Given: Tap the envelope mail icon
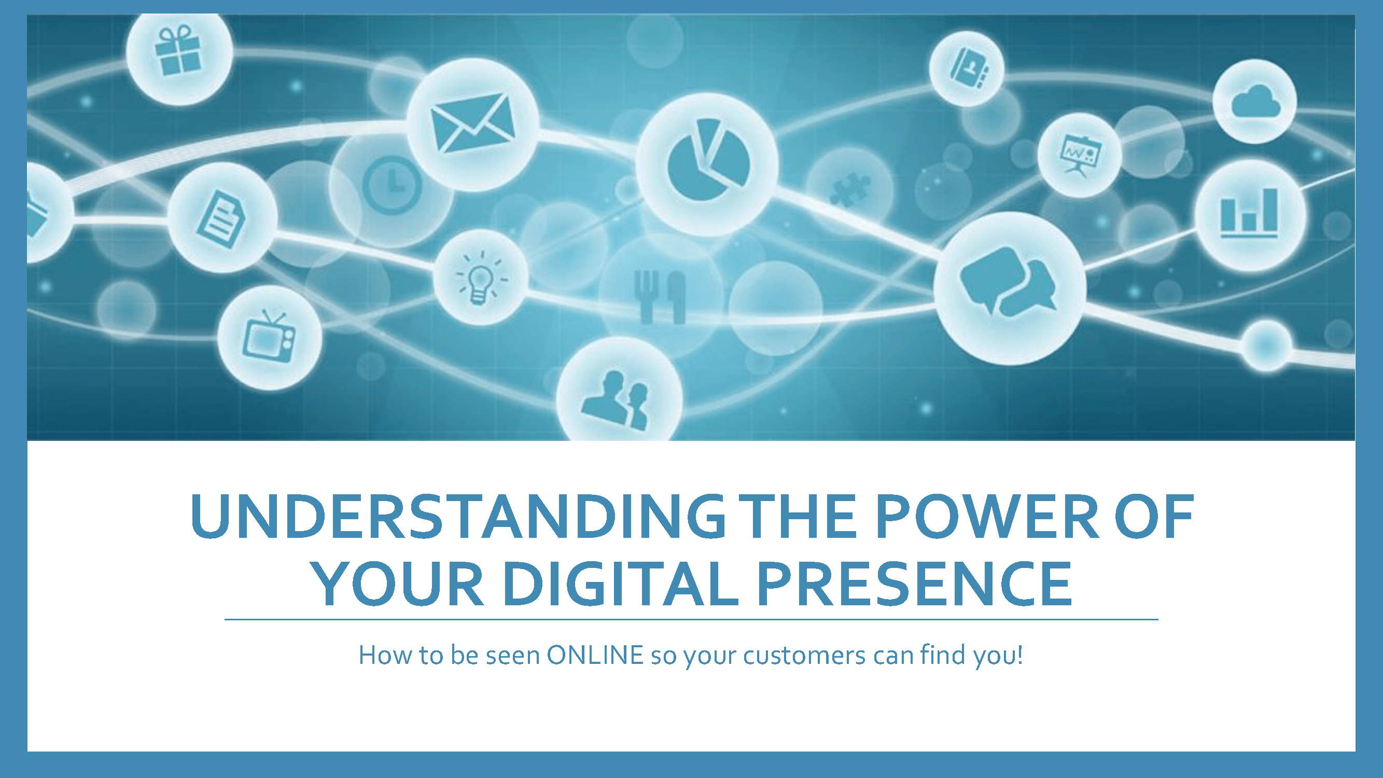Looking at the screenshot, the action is [472, 123].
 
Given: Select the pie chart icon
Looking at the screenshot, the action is [708, 159].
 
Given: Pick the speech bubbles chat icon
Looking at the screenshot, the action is [1008, 281].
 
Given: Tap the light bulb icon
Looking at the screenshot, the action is [481, 277].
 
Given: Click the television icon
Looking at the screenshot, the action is [270, 336].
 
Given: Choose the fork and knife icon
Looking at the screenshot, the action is [660, 297].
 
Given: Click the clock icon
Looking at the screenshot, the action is [392, 185].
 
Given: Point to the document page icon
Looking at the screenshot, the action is [221, 219].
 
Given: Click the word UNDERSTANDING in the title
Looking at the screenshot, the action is [458, 516].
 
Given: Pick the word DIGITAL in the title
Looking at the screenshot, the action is [621, 584].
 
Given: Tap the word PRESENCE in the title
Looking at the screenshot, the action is [914, 584].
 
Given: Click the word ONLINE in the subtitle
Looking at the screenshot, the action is [595, 655].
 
